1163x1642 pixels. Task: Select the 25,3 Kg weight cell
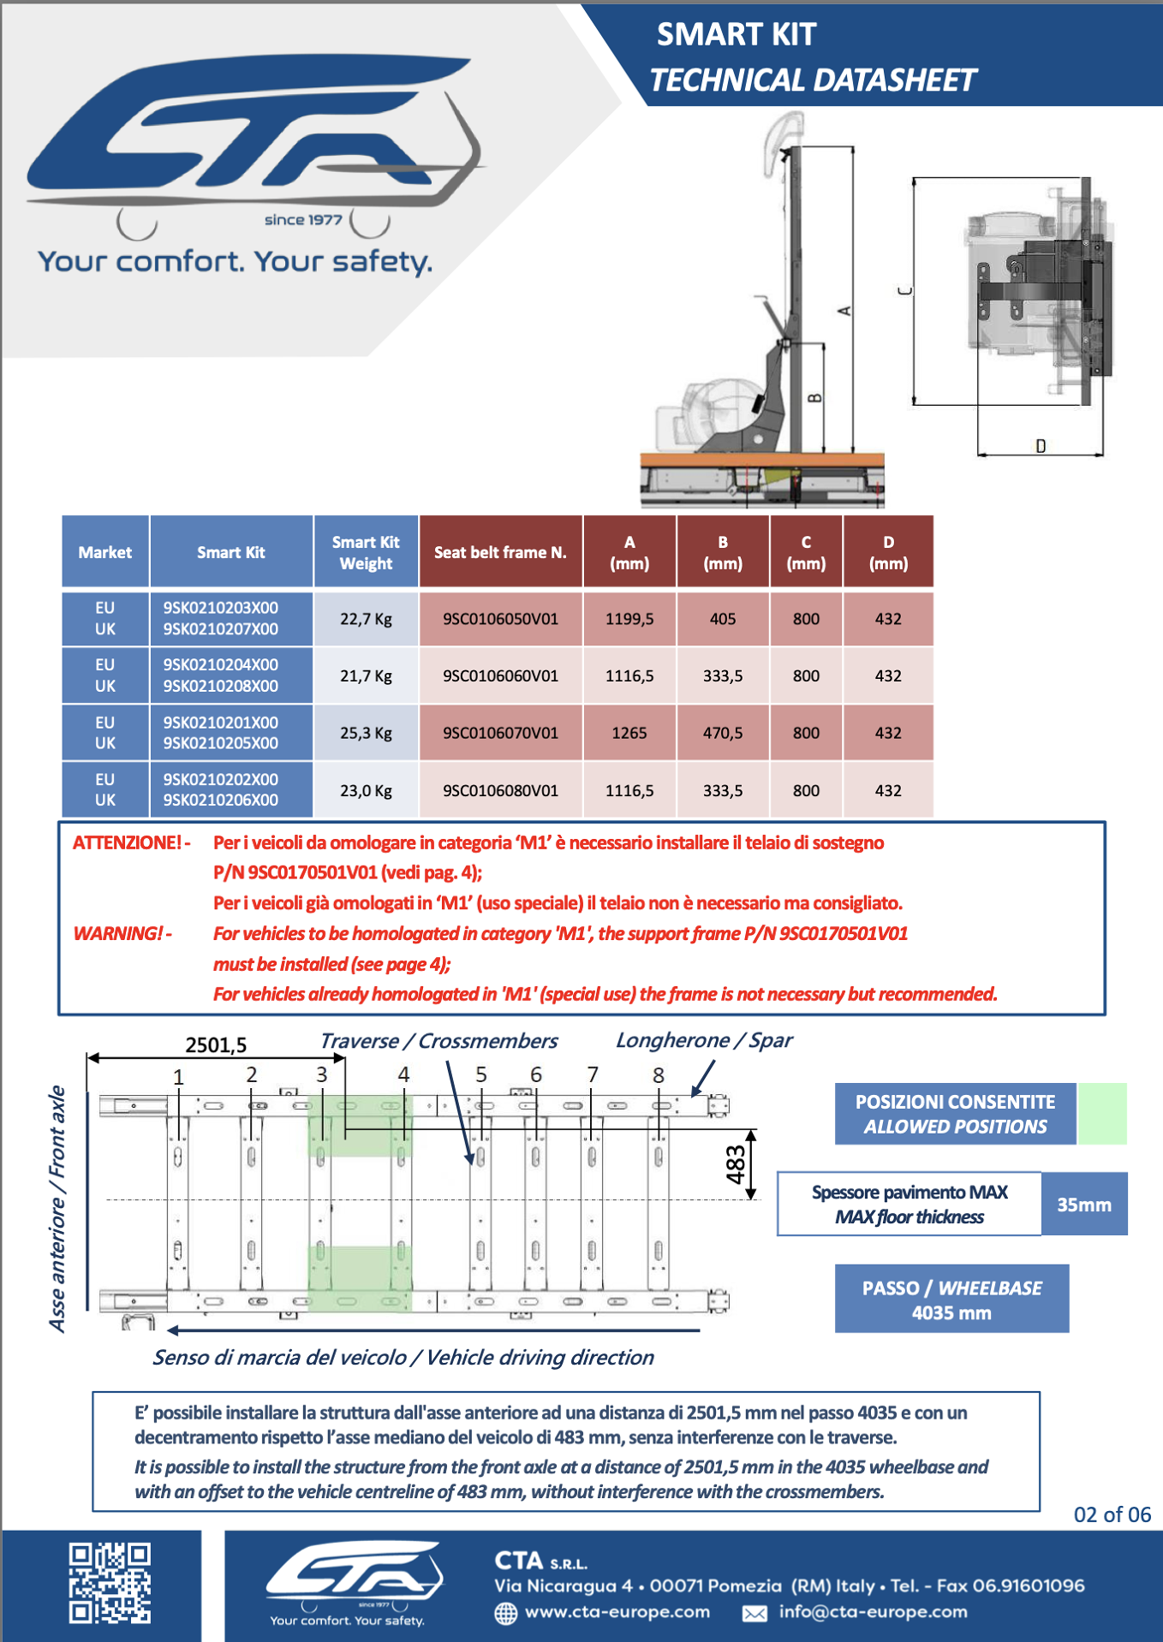[366, 733]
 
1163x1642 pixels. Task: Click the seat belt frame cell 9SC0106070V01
[500, 733]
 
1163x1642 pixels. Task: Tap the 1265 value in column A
[629, 733]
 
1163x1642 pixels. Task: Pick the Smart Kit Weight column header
[366, 552]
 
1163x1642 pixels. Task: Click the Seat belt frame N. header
[500, 552]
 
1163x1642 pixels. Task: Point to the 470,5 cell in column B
[722, 733]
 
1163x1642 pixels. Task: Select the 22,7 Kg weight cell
[366, 618]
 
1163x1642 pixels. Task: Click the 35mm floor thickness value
[1083, 1205]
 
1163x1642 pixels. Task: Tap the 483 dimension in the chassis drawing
[736, 1164]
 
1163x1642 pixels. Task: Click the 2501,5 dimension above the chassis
[216, 1044]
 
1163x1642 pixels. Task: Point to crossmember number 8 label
[658, 1075]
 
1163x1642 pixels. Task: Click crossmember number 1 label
[178, 1077]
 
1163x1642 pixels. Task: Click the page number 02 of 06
[1112, 1514]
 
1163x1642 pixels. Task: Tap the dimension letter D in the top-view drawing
[1041, 445]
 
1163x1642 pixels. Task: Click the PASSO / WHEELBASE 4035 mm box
[951, 1299]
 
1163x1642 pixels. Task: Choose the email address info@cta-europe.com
[872, 1612]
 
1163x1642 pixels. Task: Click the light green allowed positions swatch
[1102, 1113]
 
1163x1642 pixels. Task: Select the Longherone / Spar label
[704, 1040]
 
